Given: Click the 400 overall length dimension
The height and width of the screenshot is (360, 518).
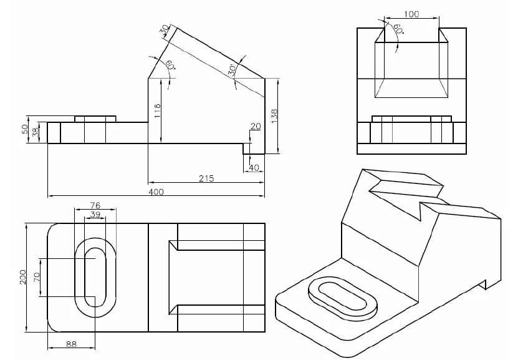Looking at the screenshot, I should coord(156,192).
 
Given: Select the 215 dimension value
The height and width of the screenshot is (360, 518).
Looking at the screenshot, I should coord(206,178).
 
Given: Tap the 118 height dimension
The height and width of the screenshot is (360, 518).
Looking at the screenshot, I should coord(157,110).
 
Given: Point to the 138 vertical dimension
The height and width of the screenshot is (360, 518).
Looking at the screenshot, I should coord(275,115).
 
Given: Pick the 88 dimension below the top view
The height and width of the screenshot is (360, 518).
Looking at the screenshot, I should coord(72,343).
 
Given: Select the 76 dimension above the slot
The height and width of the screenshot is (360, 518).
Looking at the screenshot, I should coord(95,205).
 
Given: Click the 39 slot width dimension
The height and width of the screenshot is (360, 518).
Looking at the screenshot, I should coord(96,214).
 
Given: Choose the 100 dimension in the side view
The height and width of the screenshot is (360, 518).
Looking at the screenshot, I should coord(411,14).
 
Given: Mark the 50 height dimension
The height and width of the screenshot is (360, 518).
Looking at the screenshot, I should coord(25,130).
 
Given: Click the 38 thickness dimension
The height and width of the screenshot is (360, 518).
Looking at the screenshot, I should coord(36,132).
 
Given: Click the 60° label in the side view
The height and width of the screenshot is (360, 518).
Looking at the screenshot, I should coord(397,29).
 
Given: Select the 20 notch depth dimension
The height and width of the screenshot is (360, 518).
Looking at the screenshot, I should coord(255,127).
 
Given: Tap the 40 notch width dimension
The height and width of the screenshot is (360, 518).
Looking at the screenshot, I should coord(254,167).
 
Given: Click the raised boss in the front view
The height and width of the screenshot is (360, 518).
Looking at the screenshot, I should coord(95,119).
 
